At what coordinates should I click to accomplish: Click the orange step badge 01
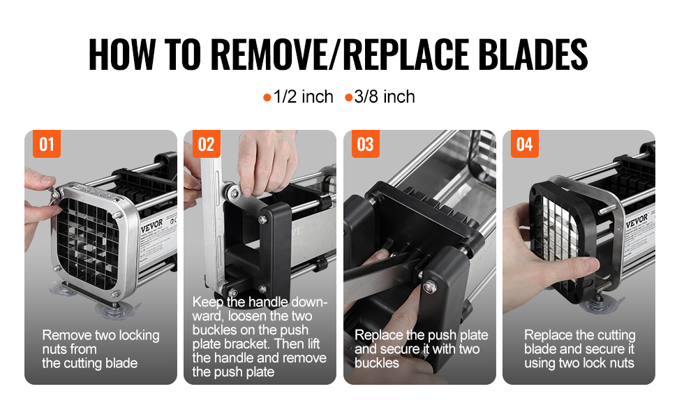pos(47,144)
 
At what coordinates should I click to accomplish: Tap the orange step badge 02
pos(206,144)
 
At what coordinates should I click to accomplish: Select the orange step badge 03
pos(365,144)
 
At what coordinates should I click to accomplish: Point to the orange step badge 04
pos(525,144)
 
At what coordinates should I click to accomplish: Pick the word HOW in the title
pos(121,54)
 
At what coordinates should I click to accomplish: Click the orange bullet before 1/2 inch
pos(267,98)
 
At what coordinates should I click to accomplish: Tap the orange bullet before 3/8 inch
pos(348,98)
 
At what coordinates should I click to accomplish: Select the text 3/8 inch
pos(385,97)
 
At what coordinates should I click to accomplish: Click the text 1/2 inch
pos(304,97)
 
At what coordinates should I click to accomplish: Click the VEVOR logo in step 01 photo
pos(152,226)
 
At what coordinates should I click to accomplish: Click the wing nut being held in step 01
pos(54,194)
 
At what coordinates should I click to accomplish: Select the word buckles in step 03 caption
pos(376,363)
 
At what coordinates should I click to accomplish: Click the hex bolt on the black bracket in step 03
pos(429,286)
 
